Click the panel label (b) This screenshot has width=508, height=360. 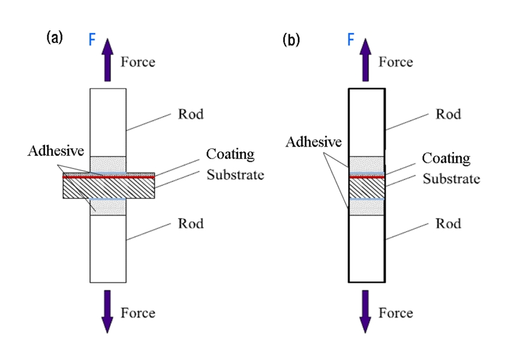click(291, 39)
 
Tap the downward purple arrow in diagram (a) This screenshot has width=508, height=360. click(107, 311)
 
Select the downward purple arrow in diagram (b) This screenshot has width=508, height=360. click(365, 311)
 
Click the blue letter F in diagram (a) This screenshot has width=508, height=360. click(93, 40)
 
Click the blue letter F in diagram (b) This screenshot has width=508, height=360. click(351, 40)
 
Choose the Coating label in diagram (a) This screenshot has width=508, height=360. click(230, 155)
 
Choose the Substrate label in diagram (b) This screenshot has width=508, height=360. click(451, 179)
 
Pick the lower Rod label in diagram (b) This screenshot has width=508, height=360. click(448, 224)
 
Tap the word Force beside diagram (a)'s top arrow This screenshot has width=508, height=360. click(138, 62)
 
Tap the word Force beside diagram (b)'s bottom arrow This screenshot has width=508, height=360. click(396, 313)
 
